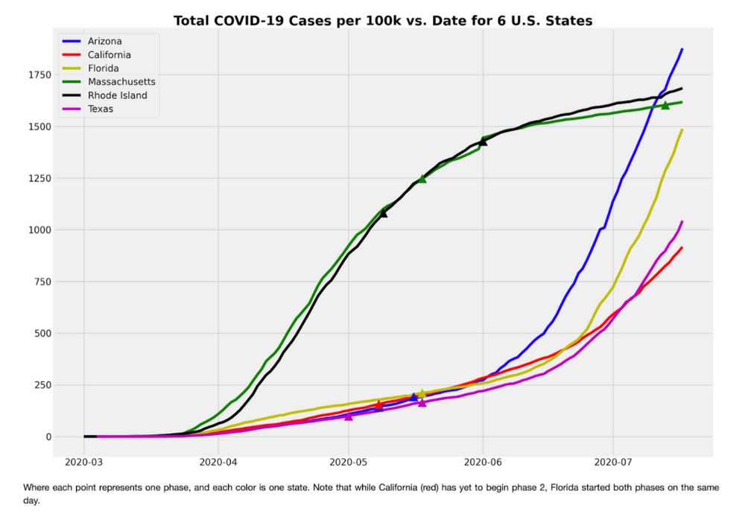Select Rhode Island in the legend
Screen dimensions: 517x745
(117, 95)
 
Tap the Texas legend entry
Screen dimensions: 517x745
(100, 109)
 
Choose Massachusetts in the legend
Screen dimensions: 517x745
(121, 82)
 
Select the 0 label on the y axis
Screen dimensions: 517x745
(42, 437)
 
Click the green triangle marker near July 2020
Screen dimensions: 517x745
(665, 106)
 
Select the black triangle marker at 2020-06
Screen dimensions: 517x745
(483, 142)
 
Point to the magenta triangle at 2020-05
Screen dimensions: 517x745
(349, 416)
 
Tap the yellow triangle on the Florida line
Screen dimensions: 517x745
(422, 393)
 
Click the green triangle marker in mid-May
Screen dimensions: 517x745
(422, 179)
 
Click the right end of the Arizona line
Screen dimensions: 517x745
(682, 49)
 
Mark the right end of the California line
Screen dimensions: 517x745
(682, 248)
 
